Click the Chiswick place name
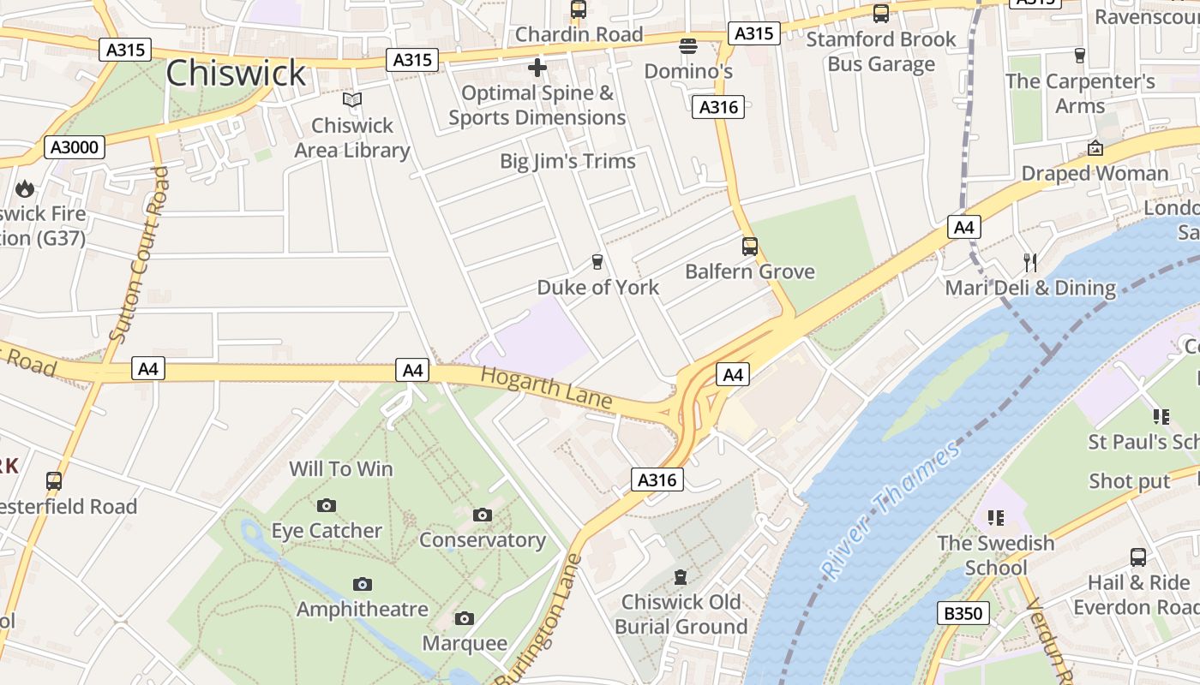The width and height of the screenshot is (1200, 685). click(x=235, y=74)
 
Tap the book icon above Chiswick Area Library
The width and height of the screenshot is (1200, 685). click(x=352, y=100)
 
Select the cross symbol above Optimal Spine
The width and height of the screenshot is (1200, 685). click(x=537, y=67)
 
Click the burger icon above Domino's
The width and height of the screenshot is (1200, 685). click(x=688, y=45)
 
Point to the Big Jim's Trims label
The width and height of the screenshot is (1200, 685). click(x=567, y=161)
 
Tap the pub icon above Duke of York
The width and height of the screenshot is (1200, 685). click(x=597, y=261)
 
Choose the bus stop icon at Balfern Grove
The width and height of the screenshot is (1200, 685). click(x=750, y=247)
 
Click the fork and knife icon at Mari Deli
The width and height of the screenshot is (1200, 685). click(x=1030, y=262)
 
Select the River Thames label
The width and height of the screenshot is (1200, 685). click(x=891, y=510)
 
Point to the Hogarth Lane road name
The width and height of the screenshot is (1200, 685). click(x=546, y=388)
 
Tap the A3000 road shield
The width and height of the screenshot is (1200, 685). click(x=75, y=147)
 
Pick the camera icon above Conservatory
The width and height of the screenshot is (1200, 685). click(x=483, y=515)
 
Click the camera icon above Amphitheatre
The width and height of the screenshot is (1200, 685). click(x=363, y=584)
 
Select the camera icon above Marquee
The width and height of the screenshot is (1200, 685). click(x=464, y=618)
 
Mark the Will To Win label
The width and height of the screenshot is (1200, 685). click(x=340, y=468)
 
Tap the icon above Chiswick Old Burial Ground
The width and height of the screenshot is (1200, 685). click(x=681, y=576)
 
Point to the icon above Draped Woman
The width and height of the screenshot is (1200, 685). click(x=1095, y=148)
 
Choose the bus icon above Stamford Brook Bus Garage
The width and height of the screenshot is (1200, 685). click(x=880, y=14)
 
